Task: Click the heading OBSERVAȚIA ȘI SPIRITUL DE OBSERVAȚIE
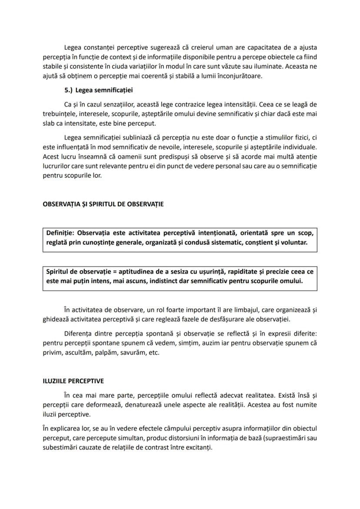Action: (x=103, y=204)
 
